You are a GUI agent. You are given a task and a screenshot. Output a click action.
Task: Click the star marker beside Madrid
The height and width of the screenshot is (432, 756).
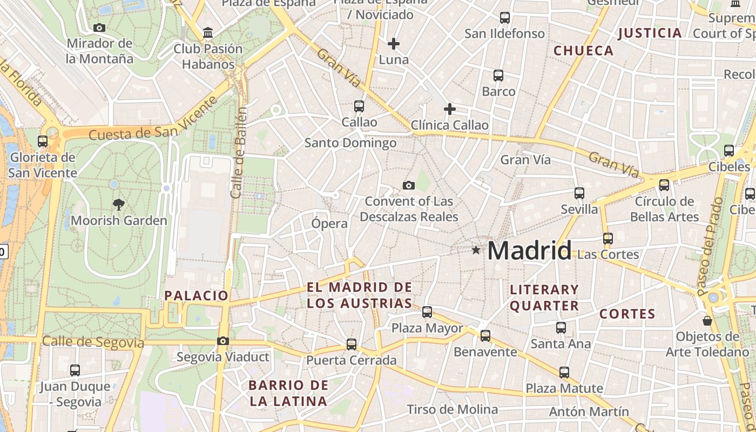coord(476,250)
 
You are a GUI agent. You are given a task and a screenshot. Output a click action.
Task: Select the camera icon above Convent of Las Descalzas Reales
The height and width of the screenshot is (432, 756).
coord(409,186)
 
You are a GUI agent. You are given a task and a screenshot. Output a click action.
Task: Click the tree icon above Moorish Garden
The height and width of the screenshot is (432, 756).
coord(118,205)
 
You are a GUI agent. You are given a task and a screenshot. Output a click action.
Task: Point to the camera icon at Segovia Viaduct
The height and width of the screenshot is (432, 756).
coord(222,341)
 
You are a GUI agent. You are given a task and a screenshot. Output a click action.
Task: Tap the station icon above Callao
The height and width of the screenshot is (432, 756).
coord(359,106)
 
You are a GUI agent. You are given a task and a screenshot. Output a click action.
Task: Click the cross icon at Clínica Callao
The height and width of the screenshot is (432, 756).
coord(449,110)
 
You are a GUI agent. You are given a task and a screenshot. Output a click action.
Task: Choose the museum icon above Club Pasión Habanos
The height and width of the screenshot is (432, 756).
coord(208,33)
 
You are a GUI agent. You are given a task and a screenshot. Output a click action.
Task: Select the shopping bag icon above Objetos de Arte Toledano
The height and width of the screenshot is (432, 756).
coord(707,321)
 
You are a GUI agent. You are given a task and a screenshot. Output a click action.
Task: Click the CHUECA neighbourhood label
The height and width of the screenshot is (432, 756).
coord(584,51)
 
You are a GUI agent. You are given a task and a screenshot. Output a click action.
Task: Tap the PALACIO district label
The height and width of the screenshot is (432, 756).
coord(197,295)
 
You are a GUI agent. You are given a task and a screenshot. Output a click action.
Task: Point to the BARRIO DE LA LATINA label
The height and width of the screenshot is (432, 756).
coord(288,393)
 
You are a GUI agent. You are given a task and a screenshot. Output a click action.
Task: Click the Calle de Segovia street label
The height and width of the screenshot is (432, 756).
coord(93,342)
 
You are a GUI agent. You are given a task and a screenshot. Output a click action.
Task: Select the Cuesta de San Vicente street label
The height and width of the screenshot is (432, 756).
coord(153,120)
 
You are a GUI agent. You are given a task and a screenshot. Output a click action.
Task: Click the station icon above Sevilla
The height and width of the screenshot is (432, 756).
coord(579,193)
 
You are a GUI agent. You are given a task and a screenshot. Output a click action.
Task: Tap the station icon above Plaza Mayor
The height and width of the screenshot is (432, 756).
coord(427,312)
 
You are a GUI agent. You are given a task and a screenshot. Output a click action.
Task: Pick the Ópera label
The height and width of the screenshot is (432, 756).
coord(329,222)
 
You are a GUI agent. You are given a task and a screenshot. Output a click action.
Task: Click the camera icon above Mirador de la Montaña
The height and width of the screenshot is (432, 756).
coord(99,28)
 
